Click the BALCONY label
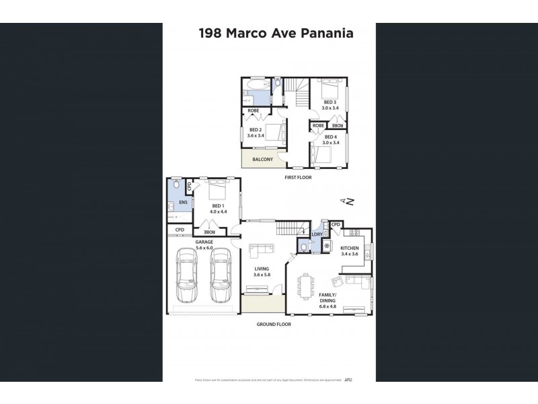pos(262,160)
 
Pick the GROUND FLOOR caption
pos(274,325)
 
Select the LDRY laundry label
pos(317,234)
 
